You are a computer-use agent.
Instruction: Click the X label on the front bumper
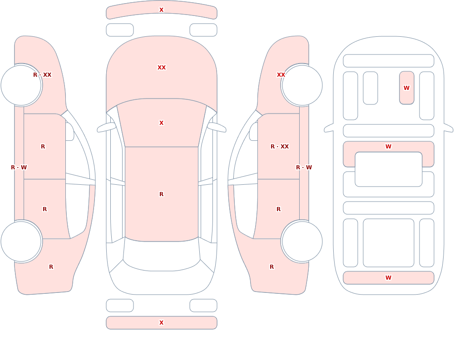tap(161, 10)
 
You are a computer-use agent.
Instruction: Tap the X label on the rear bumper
tap(161, 323)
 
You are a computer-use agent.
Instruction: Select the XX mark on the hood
tap(162, 68)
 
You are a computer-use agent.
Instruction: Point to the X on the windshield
tap(161, 123)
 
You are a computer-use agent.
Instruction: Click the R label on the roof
tap(161, 194)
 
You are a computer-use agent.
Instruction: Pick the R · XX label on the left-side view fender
tap(42, 75)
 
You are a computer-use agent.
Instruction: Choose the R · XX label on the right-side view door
tap(280, 147)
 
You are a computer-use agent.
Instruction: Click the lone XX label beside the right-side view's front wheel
tap(281, 75)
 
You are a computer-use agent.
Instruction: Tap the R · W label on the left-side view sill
tap(19, 168)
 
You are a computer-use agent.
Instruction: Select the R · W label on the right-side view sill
tap(304, 168)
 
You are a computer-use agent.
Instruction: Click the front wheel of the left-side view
tap(21, 85)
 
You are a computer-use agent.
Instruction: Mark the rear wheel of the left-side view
tap(21, 241)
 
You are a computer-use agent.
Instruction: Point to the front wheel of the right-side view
tap(302, 85)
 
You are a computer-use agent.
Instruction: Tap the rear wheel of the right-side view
tap(302, 241)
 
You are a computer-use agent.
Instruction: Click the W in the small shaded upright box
tap(406, 88)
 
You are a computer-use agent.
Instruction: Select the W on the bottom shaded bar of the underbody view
tap(388, 278)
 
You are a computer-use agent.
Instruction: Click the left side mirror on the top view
tap(106, 127)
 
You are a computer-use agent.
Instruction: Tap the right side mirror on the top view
tap(217, 127)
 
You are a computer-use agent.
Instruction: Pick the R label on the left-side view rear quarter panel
tap(51, 267)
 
